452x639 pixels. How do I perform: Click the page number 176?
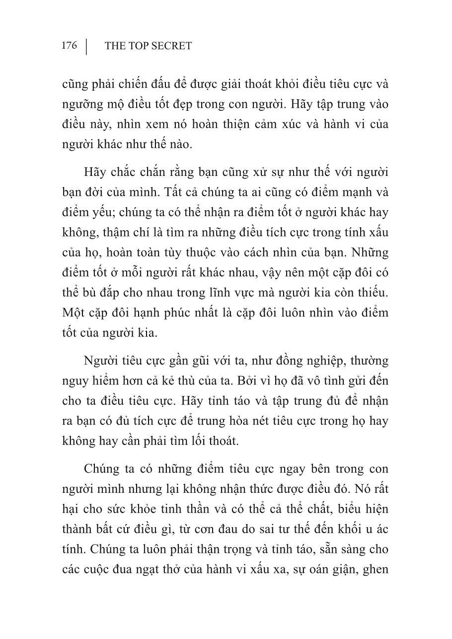pos(70,46)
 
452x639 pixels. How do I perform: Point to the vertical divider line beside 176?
pos(86,46)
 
